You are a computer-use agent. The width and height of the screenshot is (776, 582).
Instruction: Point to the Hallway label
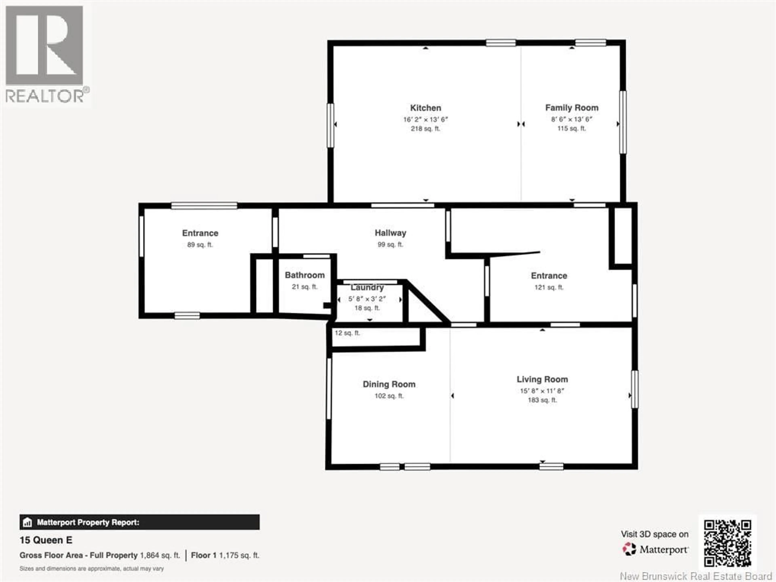pos(390,233)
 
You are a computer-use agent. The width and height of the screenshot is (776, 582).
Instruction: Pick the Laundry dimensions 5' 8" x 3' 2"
pos(367,299)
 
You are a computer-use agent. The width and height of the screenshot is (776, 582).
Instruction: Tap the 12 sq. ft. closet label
pos(347,333)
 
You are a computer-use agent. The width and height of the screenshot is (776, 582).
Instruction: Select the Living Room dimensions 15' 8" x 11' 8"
pos(542,391)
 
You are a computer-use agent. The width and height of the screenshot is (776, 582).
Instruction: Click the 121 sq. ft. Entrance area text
pos(549,287)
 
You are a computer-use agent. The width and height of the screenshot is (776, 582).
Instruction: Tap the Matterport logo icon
pos(629,549)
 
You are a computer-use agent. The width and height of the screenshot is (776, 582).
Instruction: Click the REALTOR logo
pos(46,54)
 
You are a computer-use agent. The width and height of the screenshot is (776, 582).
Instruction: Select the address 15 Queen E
pos(46,540)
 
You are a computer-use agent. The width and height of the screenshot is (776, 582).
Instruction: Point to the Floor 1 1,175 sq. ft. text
pos(225,555)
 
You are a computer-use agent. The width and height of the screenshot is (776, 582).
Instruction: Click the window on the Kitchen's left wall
pos(330,125)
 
